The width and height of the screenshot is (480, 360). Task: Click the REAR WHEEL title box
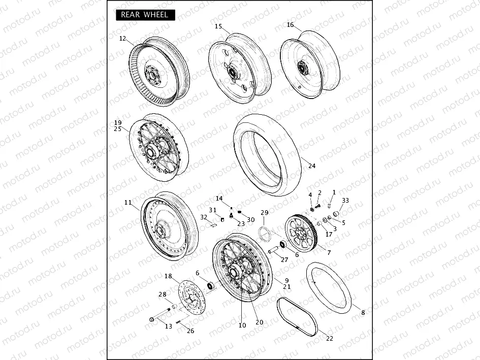tap(145, 15)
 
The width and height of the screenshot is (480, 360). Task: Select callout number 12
tap(122, 39)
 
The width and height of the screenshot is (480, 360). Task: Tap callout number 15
tap(218, 26)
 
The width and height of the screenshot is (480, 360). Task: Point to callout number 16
tap(290, 24)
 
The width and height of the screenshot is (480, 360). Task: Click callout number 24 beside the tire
tap(312, 166)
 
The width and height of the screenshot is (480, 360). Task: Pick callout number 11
tap(127, 202)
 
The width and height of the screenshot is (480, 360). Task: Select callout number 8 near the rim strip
tap(363, 313)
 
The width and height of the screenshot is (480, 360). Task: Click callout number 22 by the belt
tap(330, 339)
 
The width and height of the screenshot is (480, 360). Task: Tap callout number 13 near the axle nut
tap(169, 326)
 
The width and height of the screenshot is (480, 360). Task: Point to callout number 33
tap(345, 200)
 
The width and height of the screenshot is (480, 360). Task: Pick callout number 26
tap(190, 331)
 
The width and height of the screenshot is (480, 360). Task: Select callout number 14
tap(219, 198)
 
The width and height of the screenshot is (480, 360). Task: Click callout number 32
tap(204, 217)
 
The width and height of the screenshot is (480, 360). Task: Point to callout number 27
tap(284, 259)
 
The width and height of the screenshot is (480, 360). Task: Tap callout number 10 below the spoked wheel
tap(242, 325)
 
